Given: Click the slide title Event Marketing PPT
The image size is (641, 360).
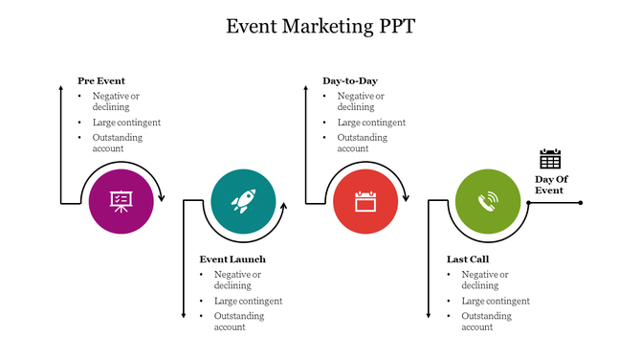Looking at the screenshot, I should point(320,26).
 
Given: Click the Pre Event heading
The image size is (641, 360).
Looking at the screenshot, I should point(101,81).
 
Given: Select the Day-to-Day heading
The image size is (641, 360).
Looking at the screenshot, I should point(350,81).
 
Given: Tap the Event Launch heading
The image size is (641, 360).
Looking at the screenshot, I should point(232,259).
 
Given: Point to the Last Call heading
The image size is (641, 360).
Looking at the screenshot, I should point(469,259).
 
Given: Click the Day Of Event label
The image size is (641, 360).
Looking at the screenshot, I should point(549,185).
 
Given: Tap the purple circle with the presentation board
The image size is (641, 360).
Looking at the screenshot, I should point(121,201).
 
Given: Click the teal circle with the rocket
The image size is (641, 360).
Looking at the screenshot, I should point(243,201).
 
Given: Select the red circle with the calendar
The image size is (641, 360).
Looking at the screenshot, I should point(365,201).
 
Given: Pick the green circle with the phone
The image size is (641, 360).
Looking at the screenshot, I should point(488,201).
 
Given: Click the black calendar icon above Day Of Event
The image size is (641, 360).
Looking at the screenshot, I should point(550,159).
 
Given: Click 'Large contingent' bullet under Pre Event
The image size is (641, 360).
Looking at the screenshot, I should point(126,123).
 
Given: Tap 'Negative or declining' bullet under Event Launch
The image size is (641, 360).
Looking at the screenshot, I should point(237,280).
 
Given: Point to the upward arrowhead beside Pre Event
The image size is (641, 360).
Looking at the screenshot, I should point(60,88).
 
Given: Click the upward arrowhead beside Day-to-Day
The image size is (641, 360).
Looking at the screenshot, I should point(305,88).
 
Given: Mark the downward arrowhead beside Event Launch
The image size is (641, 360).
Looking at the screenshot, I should point(183,315).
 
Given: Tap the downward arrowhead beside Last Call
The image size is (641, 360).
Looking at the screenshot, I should point(428,315).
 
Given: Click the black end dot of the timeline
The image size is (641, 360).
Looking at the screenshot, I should point(580,202).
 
